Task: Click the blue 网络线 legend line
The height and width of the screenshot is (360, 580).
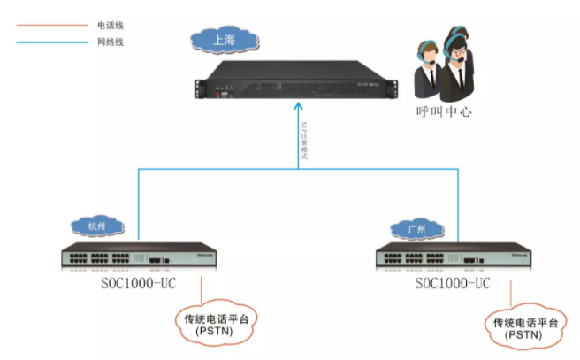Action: click(x=49, y=42)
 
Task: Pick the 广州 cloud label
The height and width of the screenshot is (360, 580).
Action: click(x=416, y=229)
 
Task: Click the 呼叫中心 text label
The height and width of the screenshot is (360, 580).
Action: click(x=443, y=112)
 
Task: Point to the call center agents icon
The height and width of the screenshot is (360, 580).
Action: click(x=446, y=62)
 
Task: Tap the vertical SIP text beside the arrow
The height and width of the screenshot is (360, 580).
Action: click(x=304, y=139)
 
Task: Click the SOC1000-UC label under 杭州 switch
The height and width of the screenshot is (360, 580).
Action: click(x=139, y=284)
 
